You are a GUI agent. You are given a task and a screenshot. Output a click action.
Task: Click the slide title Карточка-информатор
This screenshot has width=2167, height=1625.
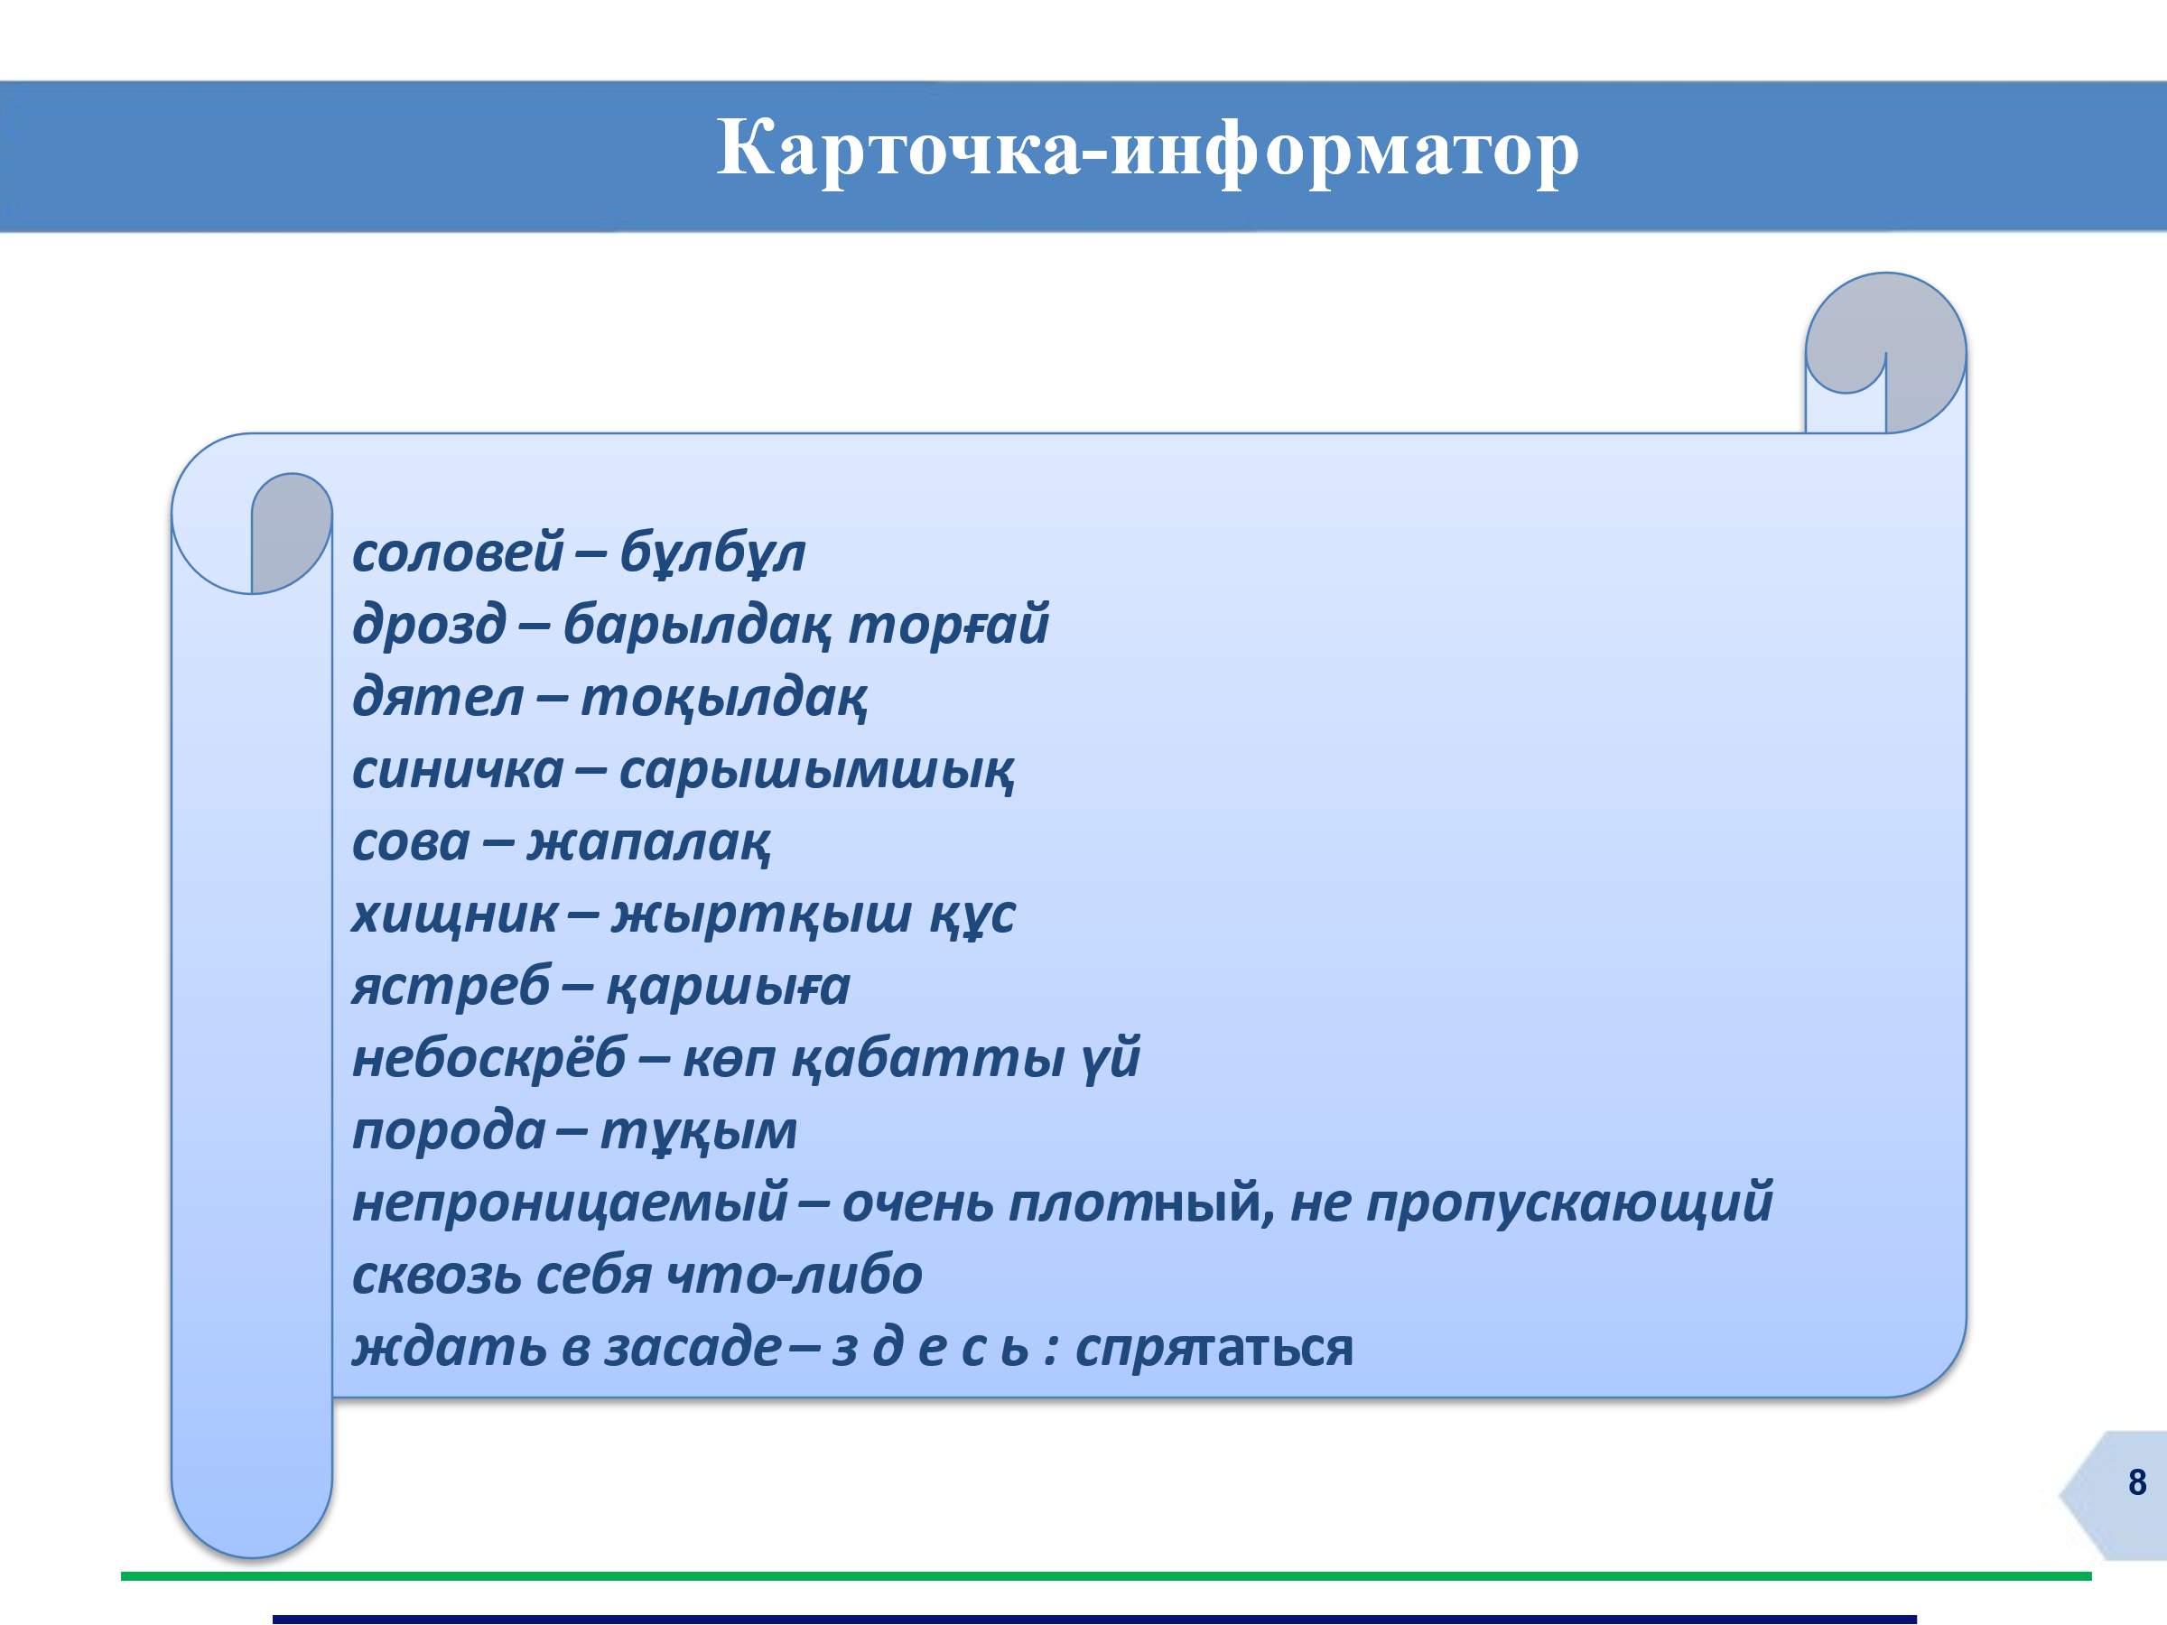tap(1148, 149)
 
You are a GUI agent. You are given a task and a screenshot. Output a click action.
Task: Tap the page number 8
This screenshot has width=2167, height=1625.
tap(2136, 1483)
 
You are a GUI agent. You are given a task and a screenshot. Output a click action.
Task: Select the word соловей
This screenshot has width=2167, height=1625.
tap(459, 552)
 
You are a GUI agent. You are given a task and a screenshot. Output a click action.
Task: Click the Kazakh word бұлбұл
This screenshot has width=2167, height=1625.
tap(712, 552)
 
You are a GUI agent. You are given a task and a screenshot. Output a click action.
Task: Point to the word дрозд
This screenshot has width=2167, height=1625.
tap(429, 625)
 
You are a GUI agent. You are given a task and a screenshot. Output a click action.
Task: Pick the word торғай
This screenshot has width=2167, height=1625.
tap(948, 626)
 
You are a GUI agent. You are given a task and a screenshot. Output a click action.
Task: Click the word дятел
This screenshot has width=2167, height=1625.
tap(438, 698)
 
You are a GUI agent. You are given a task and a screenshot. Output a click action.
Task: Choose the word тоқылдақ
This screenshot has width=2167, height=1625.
tap(724, 699)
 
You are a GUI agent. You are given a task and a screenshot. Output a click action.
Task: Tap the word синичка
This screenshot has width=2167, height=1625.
tap(458, 770)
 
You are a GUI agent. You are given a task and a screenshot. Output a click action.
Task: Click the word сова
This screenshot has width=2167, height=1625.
tap(412, 843)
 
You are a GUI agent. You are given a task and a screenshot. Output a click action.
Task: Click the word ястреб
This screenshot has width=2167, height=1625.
tap(451, 987)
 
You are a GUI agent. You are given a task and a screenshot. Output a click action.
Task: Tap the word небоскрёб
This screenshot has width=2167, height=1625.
tap(488, 1058)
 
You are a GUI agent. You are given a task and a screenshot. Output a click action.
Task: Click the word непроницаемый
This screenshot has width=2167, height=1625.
tap(570, 1203)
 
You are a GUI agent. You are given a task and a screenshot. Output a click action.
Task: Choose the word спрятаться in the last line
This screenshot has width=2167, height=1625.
tap(1214, 1349)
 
